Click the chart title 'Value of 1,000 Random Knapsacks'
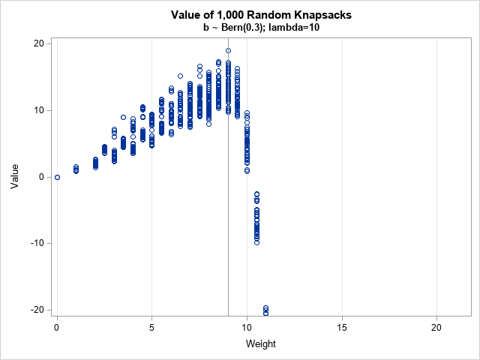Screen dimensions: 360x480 tap(261, 15)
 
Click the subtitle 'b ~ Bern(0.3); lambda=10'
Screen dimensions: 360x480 tap(261, 28)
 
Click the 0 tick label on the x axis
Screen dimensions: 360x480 tap(57, 327)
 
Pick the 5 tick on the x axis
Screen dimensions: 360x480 tap(152, 327)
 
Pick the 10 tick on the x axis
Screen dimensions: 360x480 tap(247, 327)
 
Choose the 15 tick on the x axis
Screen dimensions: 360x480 tap(342, 327)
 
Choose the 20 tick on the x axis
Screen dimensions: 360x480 tap(437, 327)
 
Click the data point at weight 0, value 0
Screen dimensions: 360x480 tap(57, 177)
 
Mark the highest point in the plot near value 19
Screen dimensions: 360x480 tap(228, 51)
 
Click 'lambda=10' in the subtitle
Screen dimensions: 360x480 tap(303, 28)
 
